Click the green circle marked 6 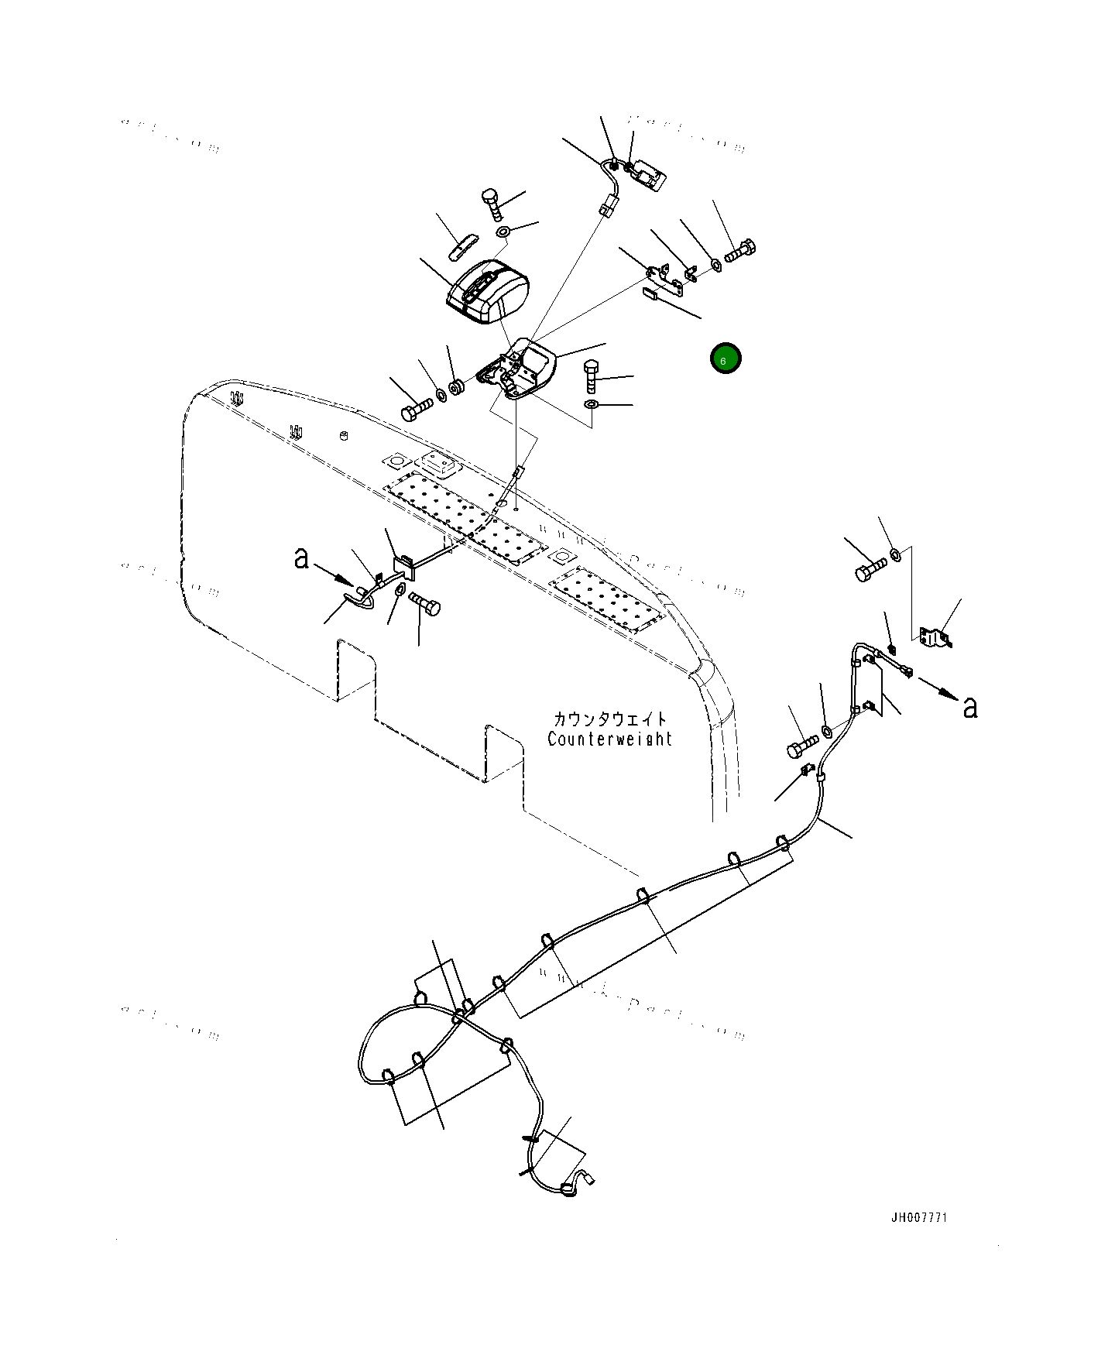pyautogui.click(x=725, y=358)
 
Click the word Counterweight pyautogui.click(x=609, y=739)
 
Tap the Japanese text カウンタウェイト pyautogui.click(x=609, y=719)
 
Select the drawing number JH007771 pyautogui.click(x=918, y=1217)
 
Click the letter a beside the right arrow pyautogui.click(x=969, y=705)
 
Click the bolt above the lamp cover pyautogui.click(x=492, y=202)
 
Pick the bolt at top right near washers pyautogui.click(x=740, y=251)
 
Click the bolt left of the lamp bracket pyautogui.click(x=417, y=409)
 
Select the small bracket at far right pyautogui.click(x=935, y=636)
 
